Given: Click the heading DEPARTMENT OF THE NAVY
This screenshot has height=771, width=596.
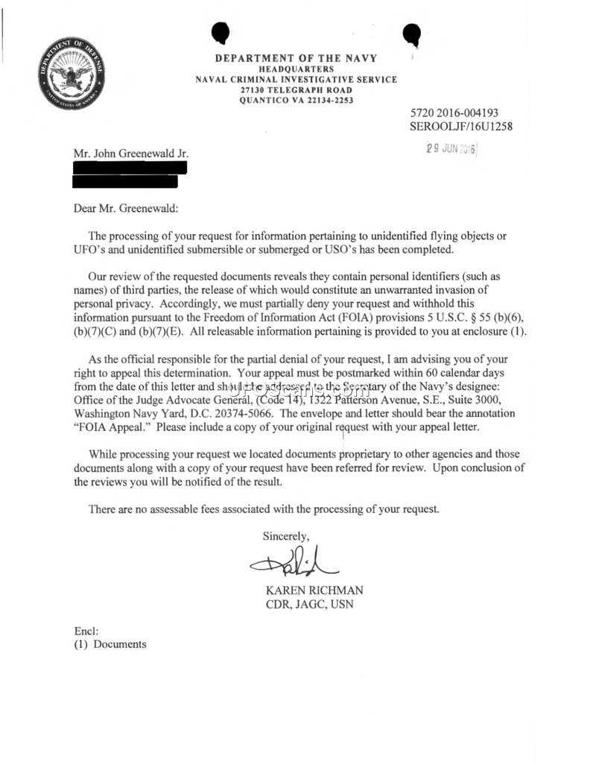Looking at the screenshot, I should point(296,58).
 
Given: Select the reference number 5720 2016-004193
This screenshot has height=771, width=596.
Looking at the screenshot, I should point(454,113).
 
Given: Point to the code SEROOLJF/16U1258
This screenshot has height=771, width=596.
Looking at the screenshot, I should point(461,126).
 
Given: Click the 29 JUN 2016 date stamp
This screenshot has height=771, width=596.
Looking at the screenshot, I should point(450,148).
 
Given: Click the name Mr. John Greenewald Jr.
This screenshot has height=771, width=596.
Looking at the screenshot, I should point(131,154).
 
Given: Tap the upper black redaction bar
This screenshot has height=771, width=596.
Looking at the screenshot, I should point(130,168).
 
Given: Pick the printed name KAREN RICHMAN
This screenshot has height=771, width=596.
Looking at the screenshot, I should point(314,591).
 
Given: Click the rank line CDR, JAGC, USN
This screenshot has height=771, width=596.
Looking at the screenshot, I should point(310,604).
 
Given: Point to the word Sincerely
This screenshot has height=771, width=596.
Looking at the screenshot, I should point(286,535).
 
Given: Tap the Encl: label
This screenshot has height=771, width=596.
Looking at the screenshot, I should point(86,631).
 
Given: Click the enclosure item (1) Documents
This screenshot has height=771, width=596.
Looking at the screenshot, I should point(110,644).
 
